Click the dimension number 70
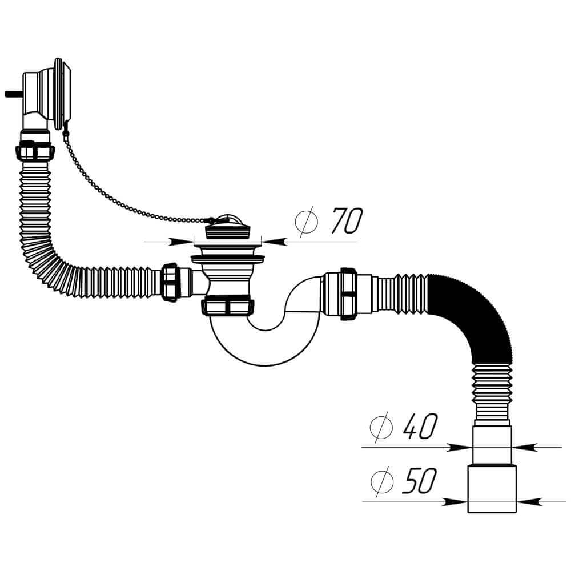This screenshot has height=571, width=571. (x=347, y=220)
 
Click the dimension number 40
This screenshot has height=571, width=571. (x=419, y=426)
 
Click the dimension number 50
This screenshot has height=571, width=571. (x=419, y=481)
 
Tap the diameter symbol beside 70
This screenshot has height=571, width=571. (x=306, y=222)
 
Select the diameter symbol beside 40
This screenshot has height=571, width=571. (x=381, y=427)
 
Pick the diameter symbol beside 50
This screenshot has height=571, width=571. (x=381, y=481)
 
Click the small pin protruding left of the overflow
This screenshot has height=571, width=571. (x=14, y=94)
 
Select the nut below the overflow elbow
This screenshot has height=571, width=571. (x=35, y=151)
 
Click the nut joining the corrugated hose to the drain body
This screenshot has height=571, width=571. (x=170, y=282)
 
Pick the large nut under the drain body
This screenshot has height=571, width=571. (x=229, y=307)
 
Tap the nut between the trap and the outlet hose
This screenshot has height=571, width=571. (x=349, y=294)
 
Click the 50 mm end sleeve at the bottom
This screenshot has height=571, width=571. (x=492, y=489)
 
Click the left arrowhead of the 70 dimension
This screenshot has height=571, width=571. (x=181, y=242)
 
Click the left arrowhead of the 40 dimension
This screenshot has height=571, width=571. (x=460, y=447)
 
